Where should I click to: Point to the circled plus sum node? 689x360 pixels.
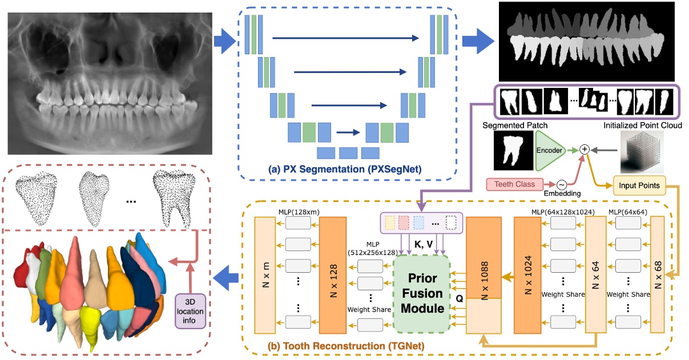coord(585,149)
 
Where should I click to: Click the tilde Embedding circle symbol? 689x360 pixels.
coord(561,185)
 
